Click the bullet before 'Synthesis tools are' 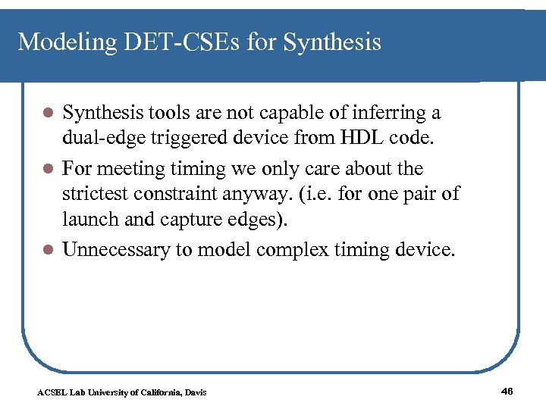(x=47, y=114)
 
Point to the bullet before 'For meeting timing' (x=47, y=169)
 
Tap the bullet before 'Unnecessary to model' (x=47, y=251)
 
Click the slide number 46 (x=507, y=391)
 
